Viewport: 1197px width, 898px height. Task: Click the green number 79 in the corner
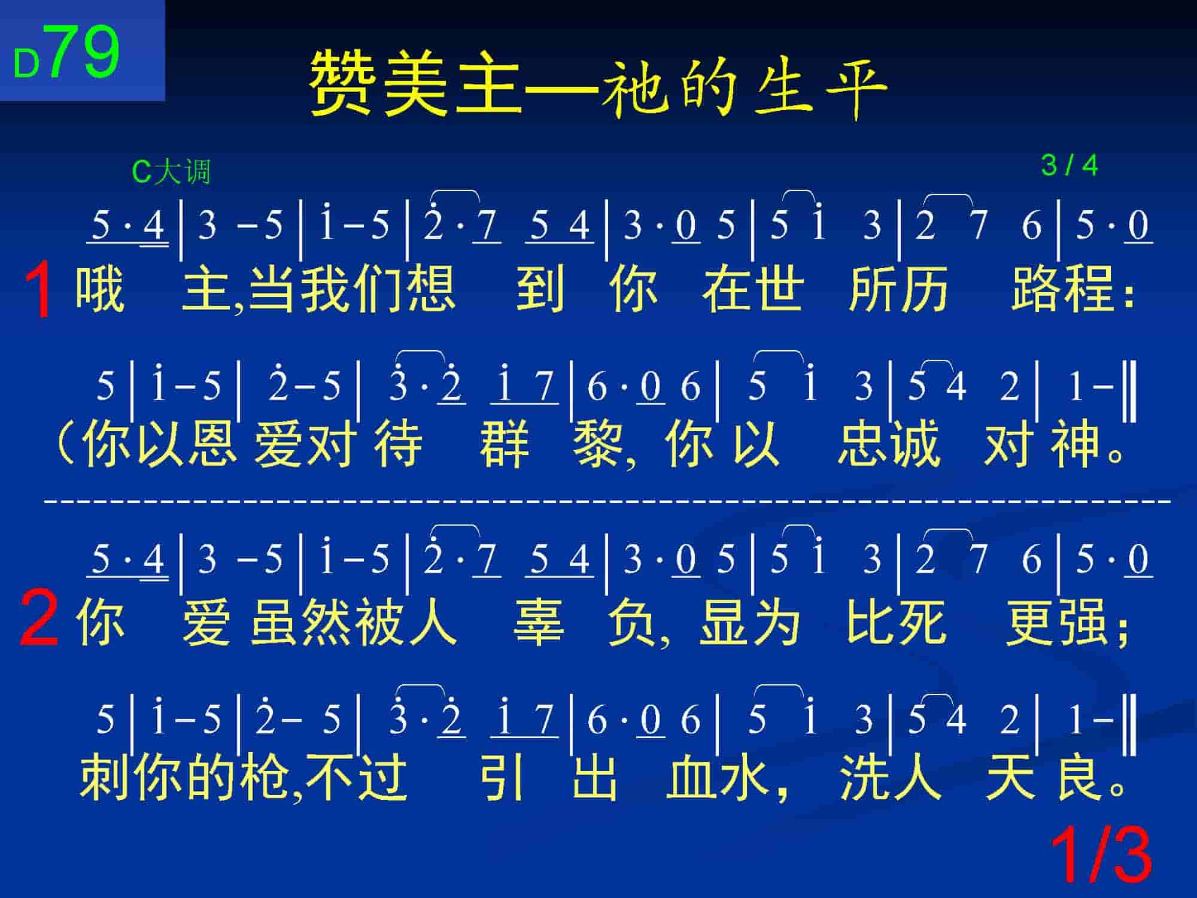coord(84,52)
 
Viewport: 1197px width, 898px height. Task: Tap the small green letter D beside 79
coord(26,63)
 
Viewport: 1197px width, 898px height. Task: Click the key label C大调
coord(171,172)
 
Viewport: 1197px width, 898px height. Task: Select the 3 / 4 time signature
coord(1070,166)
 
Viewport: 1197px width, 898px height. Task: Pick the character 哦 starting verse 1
coord(100,289)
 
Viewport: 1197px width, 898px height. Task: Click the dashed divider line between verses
coord(607,499)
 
